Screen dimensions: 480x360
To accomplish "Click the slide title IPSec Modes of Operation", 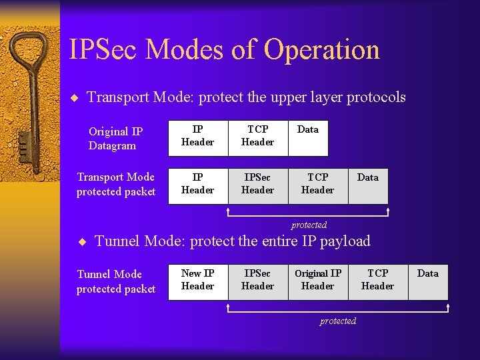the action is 224,49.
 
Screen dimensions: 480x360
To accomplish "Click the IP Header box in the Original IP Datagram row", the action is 198,135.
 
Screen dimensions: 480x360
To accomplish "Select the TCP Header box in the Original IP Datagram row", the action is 258,135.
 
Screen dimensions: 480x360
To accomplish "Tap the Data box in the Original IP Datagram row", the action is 308,135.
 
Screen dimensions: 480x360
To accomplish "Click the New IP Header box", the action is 198,280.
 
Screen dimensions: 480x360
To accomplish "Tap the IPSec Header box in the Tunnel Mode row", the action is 258,280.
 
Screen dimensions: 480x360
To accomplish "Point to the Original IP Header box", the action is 318,280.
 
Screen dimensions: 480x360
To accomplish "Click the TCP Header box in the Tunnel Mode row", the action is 378,280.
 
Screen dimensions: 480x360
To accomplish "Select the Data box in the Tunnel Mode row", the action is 428,280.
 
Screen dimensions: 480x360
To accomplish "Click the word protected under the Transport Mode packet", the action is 309,225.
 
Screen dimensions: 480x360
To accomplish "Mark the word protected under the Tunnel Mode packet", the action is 338,321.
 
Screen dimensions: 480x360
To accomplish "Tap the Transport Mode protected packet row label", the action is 115,184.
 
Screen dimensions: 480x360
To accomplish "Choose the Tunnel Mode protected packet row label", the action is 115,281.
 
